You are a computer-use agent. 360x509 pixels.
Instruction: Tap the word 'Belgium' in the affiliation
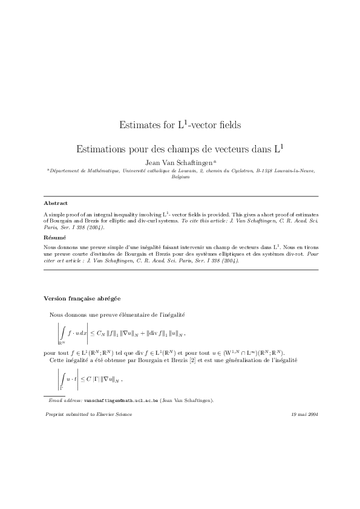(180, 177)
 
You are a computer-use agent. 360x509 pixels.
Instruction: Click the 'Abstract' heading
(56, 203)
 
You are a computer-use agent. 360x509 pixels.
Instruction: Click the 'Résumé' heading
(56, 238)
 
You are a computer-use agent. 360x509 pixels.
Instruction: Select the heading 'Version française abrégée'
(82, 299)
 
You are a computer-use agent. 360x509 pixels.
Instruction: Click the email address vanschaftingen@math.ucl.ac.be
(121, 400)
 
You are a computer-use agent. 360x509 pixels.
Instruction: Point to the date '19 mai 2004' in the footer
(304, 414)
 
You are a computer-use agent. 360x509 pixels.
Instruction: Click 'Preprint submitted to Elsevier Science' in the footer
(88, 414)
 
